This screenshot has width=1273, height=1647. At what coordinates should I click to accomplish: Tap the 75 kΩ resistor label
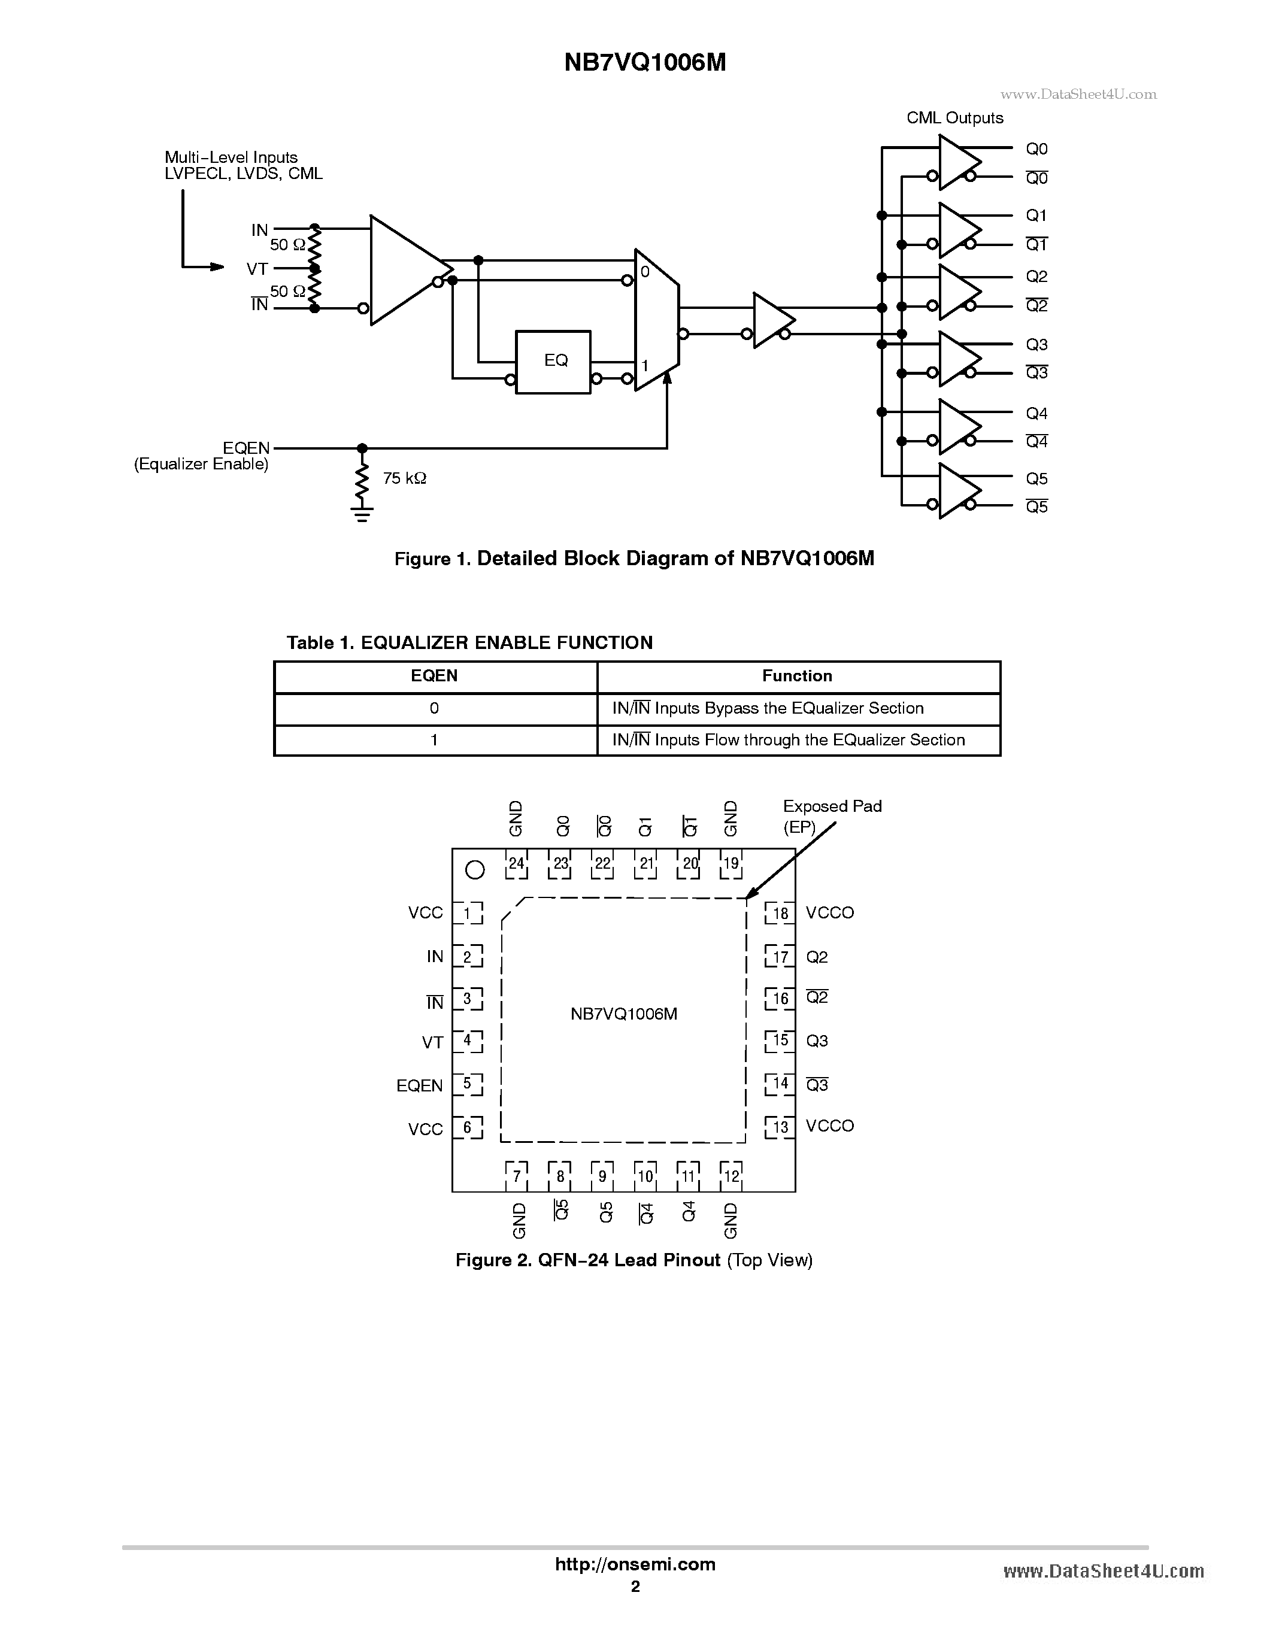pyautogui.click(x=404, y=478)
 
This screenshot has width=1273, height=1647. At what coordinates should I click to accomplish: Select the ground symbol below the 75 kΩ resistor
pyautogui.click(x=362, y=515)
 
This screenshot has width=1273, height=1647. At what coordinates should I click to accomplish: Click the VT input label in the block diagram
pyautogui.click(x=256, y=268)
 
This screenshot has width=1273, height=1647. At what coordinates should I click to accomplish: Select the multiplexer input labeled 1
pyautogui.click(x=645, y=366)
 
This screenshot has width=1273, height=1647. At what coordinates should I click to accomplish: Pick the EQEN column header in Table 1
pyautogui.click(x=434, y=677)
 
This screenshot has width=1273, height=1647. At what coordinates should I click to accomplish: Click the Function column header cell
pyautogui.click(x=797, y=677)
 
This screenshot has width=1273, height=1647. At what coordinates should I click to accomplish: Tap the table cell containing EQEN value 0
pyautogui.click(x=434, y=709)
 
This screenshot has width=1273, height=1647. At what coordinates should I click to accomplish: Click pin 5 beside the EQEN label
pyautogui.click(x=468, y=1084)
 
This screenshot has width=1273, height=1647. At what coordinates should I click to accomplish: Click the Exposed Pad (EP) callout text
pyautogui.click(x=831, y=816)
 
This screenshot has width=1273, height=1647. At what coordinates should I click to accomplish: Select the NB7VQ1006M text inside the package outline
pyautogui.click(x=624, y=1014)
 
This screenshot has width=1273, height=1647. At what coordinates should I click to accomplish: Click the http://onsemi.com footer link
pyautogui.click(x=635, y=1564)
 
